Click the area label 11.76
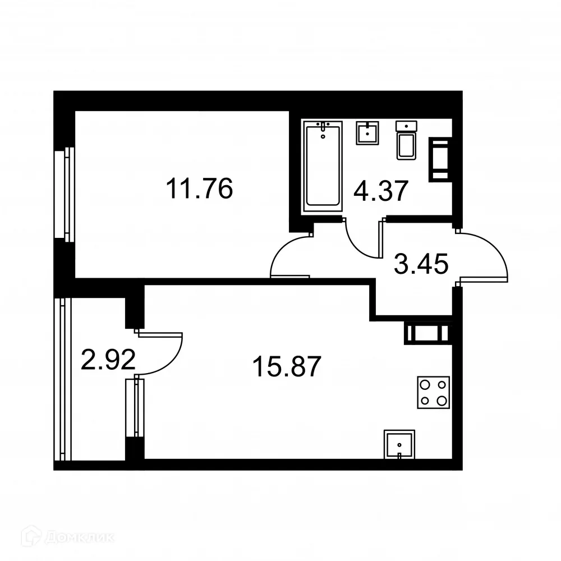(199, 189)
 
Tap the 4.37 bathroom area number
(380, 192)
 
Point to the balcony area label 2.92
(108, 360)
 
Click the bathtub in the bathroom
(322, 167)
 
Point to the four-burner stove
(433, 393)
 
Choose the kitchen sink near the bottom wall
(399, 445)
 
